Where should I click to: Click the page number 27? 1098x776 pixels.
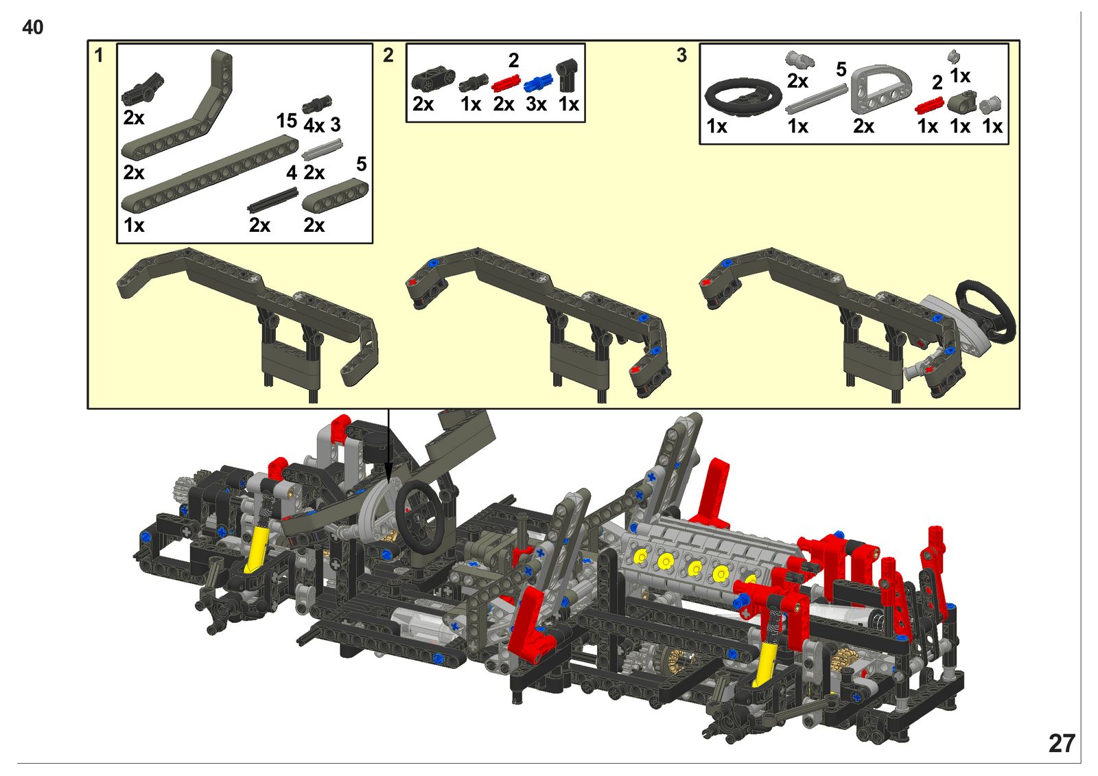pyautogui.click(x=1062, y=744)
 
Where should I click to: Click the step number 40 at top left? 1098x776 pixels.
pyautogui.click(x=33, y=27)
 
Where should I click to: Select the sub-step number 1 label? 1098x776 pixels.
pyautogui.click(x=99, y=56)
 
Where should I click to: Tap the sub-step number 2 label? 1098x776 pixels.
pyautogui.click(x=388, y=56)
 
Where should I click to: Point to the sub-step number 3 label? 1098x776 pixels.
pyautogui.click(x=681, y=56)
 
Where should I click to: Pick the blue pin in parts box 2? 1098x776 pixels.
pyautogui.click(x=538, y=83)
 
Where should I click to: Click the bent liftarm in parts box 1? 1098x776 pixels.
pyautogui.click(x=177, y=105)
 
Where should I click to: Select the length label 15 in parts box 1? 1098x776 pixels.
pyautogui.click(x=287, y=121)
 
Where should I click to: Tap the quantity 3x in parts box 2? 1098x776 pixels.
pyautogui.click(x=536, y=104)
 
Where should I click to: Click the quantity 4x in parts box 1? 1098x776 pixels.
pyautogui.click(x=314, y=126)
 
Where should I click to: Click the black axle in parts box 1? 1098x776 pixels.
pyautogui.click(x=273, y=199)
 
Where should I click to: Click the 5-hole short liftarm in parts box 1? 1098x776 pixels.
pyautogui.click(x=335, y=195)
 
